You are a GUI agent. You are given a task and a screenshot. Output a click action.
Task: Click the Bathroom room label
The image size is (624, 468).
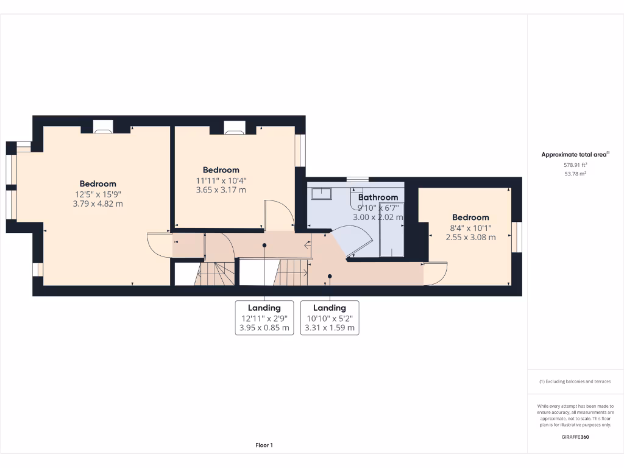pos(378,197)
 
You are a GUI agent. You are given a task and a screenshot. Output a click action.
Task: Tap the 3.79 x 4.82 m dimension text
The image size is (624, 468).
pos(97,204)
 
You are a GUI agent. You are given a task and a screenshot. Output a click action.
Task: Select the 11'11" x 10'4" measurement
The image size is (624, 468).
pos(221,180)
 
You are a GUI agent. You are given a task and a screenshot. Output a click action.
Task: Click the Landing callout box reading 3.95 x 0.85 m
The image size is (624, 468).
pos(264,318)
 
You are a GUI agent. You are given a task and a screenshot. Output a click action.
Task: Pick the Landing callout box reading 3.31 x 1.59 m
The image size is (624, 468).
pos(330,318)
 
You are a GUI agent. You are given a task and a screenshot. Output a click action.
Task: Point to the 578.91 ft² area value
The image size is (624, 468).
pos(575,165)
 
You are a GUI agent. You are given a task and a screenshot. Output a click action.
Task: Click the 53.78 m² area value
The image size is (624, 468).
pos(575,174)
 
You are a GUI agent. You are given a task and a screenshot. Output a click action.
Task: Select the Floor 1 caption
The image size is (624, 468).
pos(263,445)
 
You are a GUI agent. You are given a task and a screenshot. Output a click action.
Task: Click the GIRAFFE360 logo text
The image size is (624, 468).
pos(575,437)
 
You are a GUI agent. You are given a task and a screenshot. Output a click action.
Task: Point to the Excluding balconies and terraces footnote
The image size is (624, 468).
pos(575,381)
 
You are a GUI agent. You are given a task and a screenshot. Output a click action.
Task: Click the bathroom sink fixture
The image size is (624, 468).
pos(321,194)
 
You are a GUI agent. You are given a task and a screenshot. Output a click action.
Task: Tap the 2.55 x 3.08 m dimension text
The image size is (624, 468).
pos(470,237)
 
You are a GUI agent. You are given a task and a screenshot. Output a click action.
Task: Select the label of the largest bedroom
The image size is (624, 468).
pos(97,184)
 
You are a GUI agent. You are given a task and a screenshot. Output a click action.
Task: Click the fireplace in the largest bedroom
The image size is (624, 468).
pos(102,127)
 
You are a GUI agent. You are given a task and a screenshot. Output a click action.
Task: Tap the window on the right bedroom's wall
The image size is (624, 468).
pos(517,237)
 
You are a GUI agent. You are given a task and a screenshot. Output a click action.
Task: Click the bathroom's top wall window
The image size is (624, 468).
pos(357,179)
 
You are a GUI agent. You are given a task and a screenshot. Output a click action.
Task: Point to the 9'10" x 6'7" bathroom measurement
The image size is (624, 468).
pos(378,207)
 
